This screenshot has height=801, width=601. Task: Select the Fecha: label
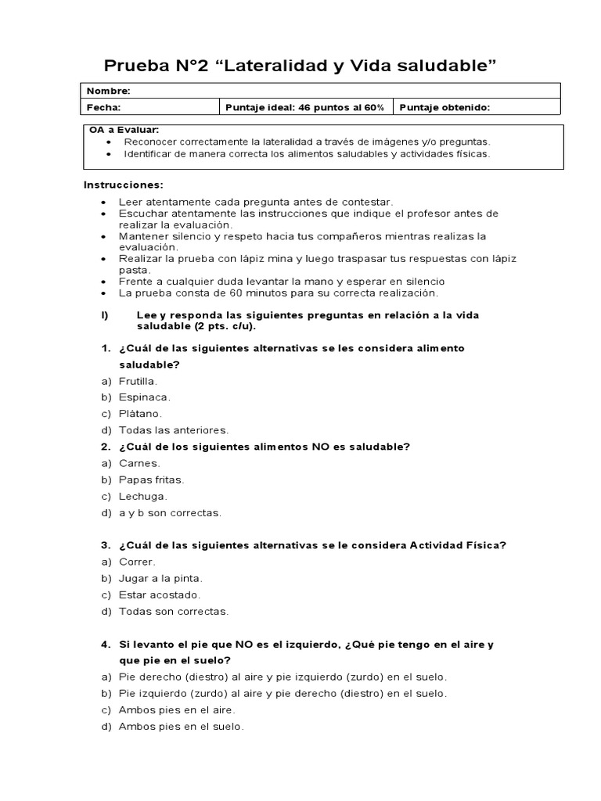103,108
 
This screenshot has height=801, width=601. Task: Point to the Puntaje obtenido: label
444,108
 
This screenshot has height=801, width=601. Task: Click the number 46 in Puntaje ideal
298,108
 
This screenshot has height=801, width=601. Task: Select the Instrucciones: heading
124,185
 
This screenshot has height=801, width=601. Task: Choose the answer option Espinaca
144,397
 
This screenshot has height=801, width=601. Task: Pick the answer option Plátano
140,414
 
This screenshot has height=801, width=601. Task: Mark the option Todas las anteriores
174,430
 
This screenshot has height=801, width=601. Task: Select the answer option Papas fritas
151,480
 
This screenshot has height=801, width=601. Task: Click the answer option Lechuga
142,496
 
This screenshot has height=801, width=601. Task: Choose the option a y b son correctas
170,513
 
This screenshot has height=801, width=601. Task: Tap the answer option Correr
137,562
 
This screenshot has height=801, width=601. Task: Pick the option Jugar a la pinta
160,578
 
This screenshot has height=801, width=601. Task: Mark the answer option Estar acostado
154,594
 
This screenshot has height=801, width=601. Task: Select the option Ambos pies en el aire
177,709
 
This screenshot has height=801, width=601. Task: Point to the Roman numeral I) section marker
103,314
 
